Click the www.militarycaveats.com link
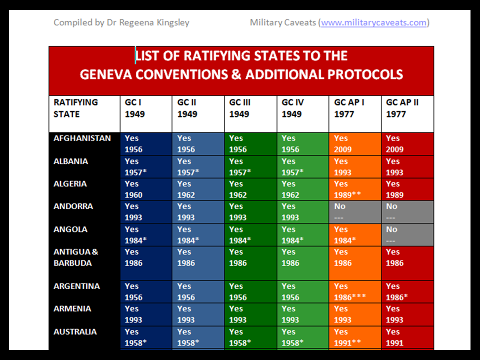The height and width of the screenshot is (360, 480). coord(374,22)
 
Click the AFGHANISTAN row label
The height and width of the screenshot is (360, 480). coord(82,138)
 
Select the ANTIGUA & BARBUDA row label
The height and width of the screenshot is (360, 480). coord(76,257)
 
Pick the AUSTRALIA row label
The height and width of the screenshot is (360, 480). coord(75,332)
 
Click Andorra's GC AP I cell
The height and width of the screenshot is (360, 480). coord(354,212)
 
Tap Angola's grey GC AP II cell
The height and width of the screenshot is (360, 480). coord(407,234)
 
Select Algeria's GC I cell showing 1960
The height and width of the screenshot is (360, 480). coord(145,189)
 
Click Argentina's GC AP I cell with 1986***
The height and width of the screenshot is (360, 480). coord(354,291)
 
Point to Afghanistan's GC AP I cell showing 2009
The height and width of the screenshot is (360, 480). coord(354,144)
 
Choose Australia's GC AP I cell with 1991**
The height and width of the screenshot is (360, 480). coord(354,337)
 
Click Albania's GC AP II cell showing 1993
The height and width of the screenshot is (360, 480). coord(407,167)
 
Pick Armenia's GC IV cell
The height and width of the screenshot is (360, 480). coord(302,314)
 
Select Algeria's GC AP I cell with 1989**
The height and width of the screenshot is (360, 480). coord(354,189)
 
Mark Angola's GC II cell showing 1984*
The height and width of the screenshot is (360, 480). coord(198,234)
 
